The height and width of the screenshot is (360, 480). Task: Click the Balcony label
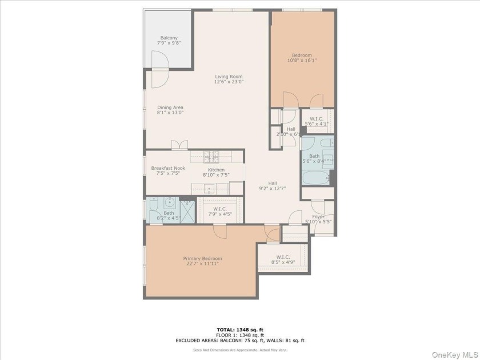tap(169, 38)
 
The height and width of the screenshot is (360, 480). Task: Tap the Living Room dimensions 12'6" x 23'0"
tap(229, 82)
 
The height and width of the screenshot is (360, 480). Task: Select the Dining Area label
tap(170, 107)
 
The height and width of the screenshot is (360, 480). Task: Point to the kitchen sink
tap(210, 188)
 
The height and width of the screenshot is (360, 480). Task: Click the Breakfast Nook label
tap(168, 168)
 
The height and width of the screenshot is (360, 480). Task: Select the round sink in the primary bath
tap(169, 202)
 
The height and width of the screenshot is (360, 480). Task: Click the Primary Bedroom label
tap(202, 259)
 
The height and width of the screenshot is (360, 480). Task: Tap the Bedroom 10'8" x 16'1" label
tap(302, 55)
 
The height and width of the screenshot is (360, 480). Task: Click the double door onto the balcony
tap(159, 69)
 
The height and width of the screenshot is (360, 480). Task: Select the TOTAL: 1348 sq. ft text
tap(240, 330)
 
